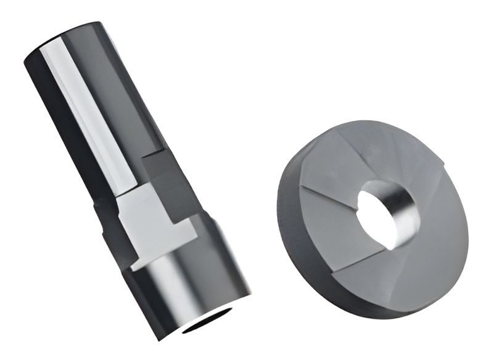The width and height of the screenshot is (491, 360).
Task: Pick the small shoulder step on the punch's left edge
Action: [x=99, y=210]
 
